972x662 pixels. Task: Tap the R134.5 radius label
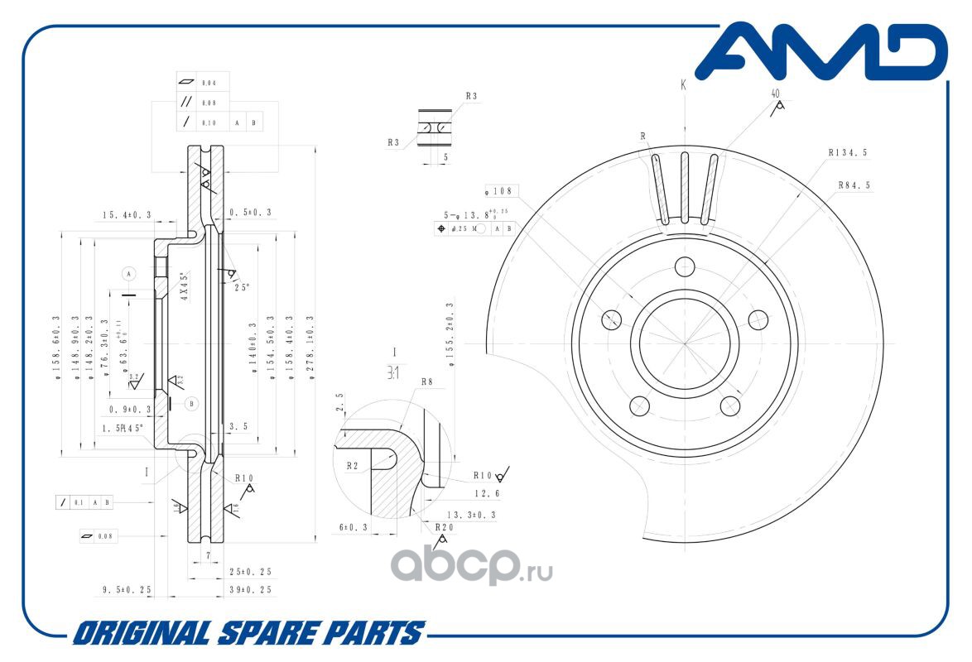[847, 153]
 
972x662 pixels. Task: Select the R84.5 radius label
[854, 185]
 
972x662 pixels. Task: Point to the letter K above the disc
[684, 84]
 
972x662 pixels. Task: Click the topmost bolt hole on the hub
[684, 266]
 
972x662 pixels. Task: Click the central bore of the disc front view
[684, 343]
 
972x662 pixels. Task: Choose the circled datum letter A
[128, 272]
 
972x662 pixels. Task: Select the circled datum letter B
[191, 403]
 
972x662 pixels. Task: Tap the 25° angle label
[242, 287]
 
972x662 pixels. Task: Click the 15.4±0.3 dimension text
[127, 215]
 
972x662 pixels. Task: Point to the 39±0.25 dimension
[251, 589]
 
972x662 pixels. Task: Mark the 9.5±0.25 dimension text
[127, 590]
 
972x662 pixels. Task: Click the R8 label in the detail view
[427, 382]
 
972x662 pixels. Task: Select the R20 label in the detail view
[445, 526]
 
